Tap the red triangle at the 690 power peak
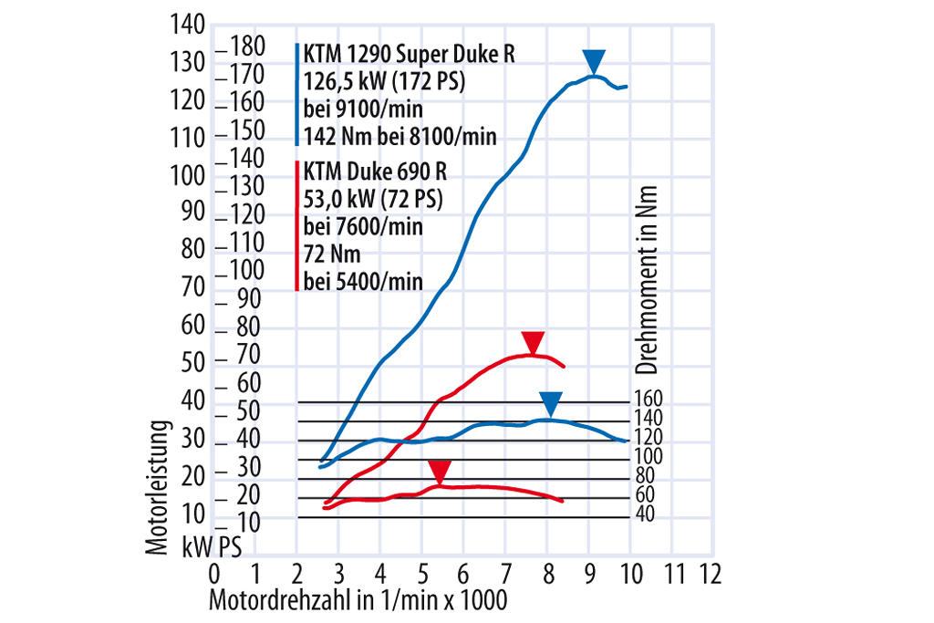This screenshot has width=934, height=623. (533, 343)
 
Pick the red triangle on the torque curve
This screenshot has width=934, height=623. (440, 472)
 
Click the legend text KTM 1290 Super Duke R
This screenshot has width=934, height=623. (410, 54)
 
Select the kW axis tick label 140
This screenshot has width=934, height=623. (189, 26)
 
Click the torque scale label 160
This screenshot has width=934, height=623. (649, 399)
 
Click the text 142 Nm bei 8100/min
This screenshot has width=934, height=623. (400, 137)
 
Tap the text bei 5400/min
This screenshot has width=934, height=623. (362, 282)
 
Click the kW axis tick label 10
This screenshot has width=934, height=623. (193, 516)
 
